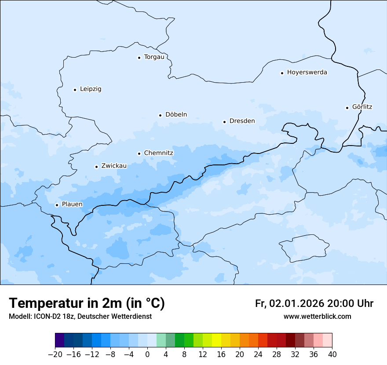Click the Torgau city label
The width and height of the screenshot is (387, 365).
pyautogui.click(x=154, y=57)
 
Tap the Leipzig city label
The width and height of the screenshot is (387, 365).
pyautogui.click(x=91, y=89)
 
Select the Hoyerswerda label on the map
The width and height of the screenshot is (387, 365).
pyautogui.click(x=307, y=73)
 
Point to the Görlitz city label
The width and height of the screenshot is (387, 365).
pyautogui.click(x=362, y=107)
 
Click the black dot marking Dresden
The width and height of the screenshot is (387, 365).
pyautogui.click(x=224, y=122)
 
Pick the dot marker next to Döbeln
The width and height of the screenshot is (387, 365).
pyautogui.click(x=160, y=115)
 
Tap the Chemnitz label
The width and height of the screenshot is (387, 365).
pyautogui.click(x=158, y=153)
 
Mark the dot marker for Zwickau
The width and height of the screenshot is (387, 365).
pyautogui.click(x=96, y=167)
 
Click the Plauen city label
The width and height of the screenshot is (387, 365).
pyautogui.click(x=72, y=204)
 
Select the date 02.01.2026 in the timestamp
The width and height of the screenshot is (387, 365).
pyautogui.click(x=296, y=304)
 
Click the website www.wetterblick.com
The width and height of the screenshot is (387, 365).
pyautogui.click(x=317, y=317)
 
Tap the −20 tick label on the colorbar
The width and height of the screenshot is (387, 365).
pyautogui.click(x=55, y=354)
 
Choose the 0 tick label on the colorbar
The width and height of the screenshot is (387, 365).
pyautogui.click(x=147, y=354)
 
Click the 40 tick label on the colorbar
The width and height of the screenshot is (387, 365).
pyautogui.click(x=332, y=354)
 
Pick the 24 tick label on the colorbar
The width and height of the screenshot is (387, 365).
pyautogui.click(x=258, y=354)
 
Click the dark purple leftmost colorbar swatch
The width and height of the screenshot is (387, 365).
pyautogui.click(x=60, y=340)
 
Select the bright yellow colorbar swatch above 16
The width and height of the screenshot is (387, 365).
pyautogui.click(x=216, y=340)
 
